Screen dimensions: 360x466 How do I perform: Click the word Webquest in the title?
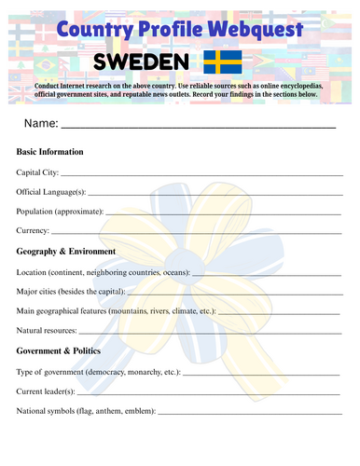pos(252,30)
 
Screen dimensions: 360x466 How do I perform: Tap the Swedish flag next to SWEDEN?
pos(222,62)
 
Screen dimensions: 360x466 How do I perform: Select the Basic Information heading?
pos(50,152)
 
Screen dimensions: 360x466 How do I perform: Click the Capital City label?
pos(38,172)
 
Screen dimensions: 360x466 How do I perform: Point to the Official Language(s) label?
pos(52,192)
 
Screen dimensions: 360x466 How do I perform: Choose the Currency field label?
pos(34,231)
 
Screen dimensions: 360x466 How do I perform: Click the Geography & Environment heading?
pos(66,252)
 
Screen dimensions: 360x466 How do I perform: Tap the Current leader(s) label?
pos(46,391)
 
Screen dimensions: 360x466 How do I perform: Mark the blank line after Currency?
pos(196,233)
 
